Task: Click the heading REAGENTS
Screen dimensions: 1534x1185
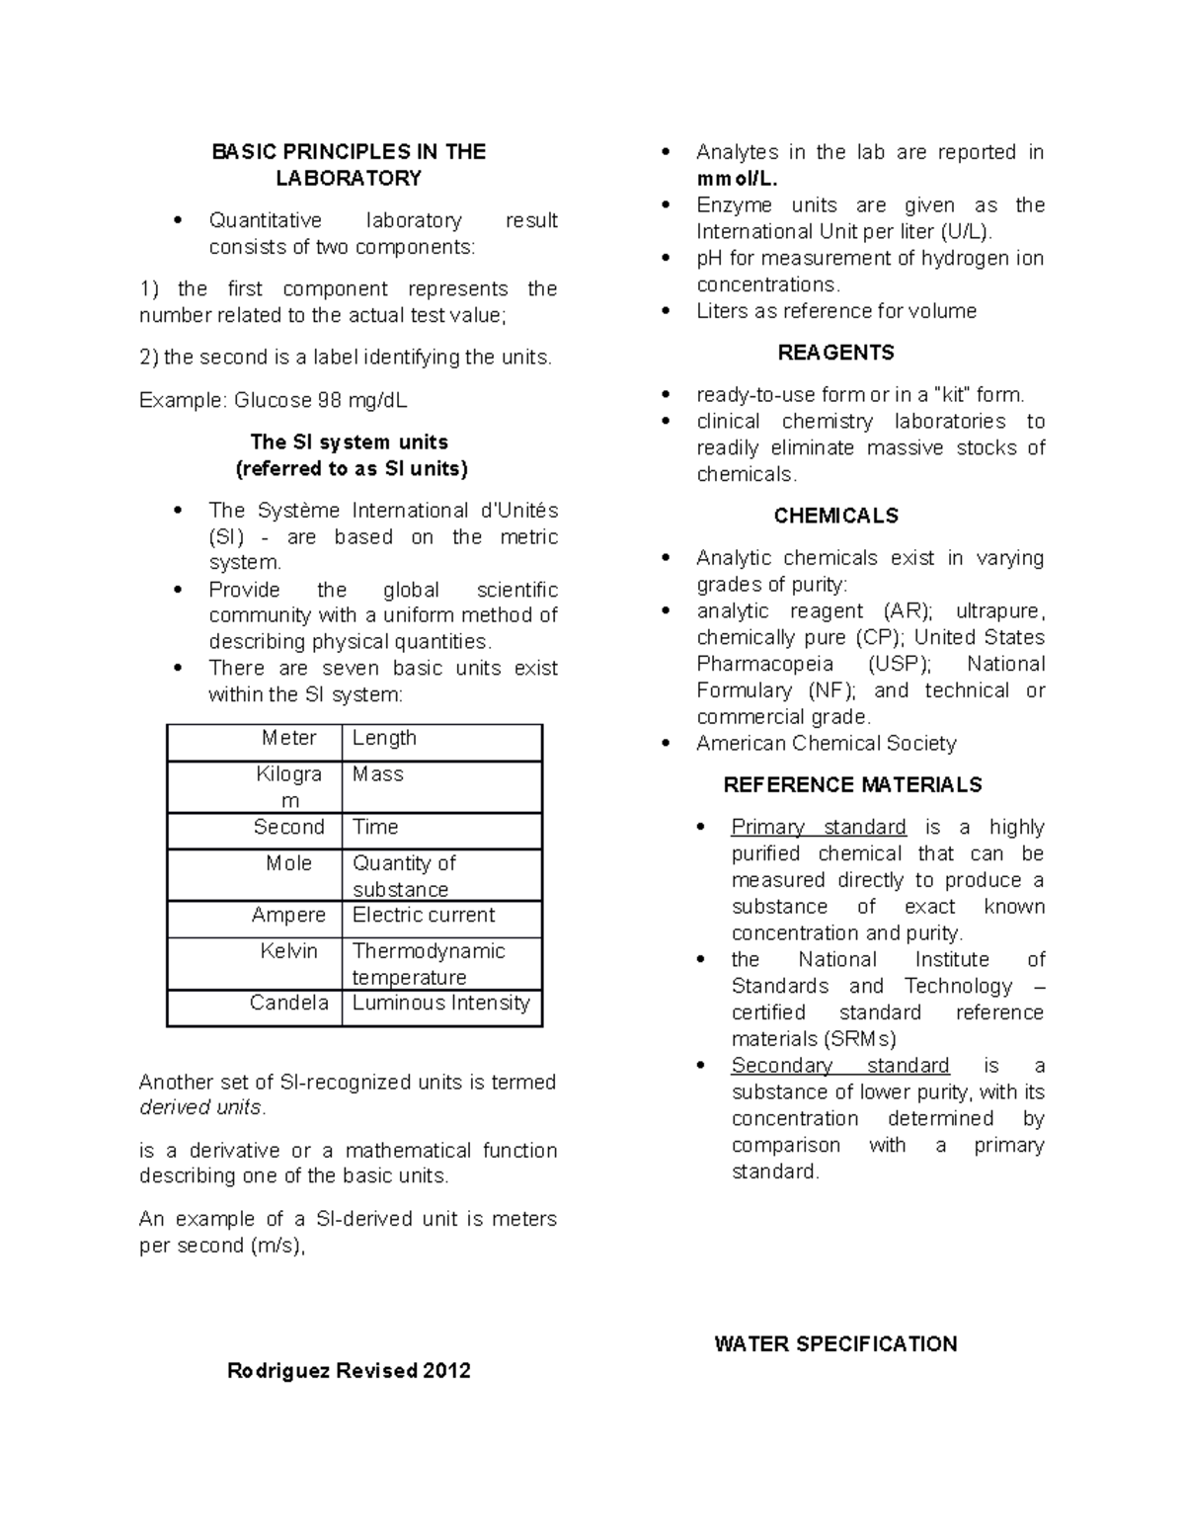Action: point(835,353)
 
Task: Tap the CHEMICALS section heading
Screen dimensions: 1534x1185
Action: point(835,516)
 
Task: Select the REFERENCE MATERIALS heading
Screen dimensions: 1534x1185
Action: point(852,785)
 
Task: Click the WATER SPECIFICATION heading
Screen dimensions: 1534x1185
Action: point(835,1344)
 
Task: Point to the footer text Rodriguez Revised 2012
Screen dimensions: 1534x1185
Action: point(349,1371)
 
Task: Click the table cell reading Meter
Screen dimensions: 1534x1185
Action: point(288,738)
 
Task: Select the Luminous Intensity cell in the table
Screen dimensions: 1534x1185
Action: point(440,1004)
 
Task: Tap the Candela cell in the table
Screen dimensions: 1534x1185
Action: point(288,1004)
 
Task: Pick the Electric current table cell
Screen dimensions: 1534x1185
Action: point(424,916)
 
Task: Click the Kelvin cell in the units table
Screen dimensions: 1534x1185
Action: point(288,951)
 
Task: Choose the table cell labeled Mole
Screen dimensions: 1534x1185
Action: point(288,863)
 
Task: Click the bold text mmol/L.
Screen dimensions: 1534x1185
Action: point(737,180)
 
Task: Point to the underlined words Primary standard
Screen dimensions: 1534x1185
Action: point(818,827)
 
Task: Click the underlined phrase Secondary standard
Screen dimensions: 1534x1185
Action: point(839,1066)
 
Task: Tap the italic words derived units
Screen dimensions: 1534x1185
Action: point(200,1108)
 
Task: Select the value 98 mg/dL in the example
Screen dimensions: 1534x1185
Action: point(361,400)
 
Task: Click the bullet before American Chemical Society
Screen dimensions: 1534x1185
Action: point(668,744)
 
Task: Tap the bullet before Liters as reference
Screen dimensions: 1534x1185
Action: point(668,311)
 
